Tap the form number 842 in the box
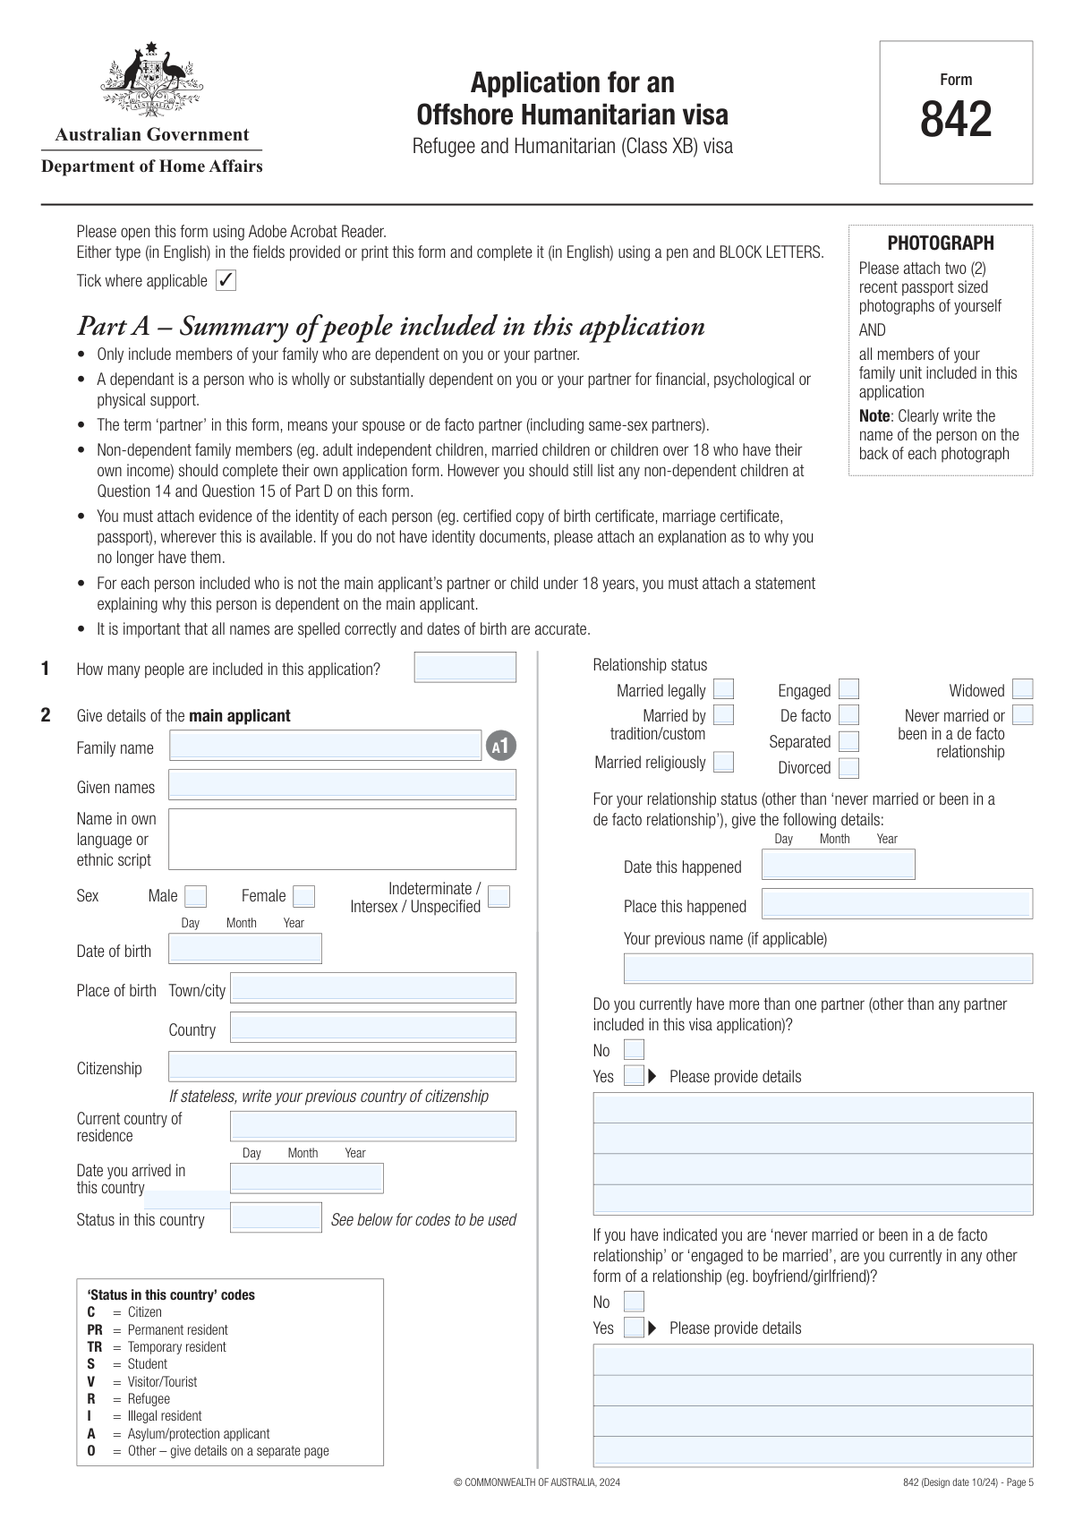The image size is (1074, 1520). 956,119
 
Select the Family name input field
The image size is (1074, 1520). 326,746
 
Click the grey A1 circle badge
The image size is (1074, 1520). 501,746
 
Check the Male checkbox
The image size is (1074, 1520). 195,896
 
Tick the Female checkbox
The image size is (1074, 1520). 304,896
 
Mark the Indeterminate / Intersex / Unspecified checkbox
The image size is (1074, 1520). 499,896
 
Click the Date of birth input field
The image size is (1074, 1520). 245,949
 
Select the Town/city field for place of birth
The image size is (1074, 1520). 373,988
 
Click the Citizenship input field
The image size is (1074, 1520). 342,1066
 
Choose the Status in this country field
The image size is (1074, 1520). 276,1217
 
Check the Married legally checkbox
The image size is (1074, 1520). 724,689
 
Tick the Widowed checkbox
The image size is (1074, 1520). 1023,689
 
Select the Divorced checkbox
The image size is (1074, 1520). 849,767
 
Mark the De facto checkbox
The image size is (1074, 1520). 849,714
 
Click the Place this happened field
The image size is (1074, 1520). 897,904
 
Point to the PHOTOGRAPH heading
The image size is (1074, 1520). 941,243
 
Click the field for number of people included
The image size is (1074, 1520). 465,668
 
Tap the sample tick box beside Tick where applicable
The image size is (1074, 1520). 226,280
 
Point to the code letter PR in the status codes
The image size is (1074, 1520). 95,1330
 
